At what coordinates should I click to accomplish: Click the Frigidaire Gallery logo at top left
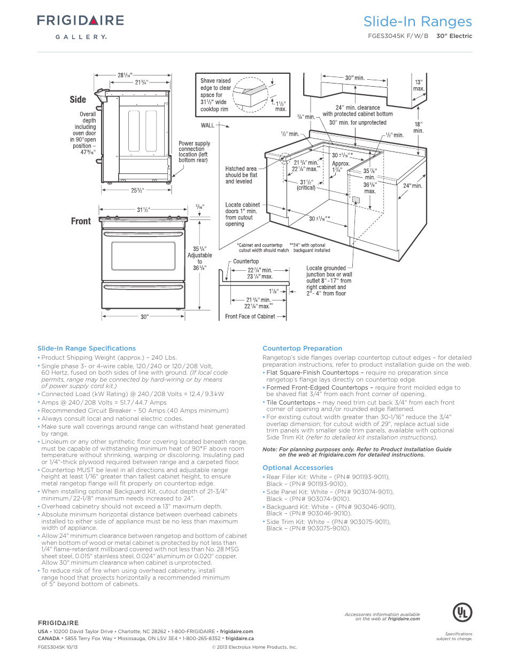pyautogui.click(x=80, y=26)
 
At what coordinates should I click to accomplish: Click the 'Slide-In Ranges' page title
pyautogui.click(x=418, y=22)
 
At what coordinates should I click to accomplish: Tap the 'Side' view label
pyautogui.click(x=78, y=100)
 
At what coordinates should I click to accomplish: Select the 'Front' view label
pyautogui.click(x=81, y=221)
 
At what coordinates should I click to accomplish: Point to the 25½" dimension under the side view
pyautogui.click(x=137, y=191)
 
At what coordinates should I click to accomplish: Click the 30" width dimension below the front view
pyautogui.click(x=144, y=317)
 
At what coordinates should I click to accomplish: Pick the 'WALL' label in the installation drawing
pyautogui.click(x=207, y=126)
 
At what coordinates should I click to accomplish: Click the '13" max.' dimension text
pyautogui.click(x=419, y=86)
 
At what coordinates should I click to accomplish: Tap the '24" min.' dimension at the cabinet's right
pyautogui.click(x=412, y=186)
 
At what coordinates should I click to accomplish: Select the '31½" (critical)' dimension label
pyautogui.click(x=306, y=185)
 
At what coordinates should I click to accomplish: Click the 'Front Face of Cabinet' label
pyautogui.click(x=250, y=317)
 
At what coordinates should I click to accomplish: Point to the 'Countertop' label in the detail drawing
pyautogui.click(x=246, y=262)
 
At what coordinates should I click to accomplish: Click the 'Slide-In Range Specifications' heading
pyautogui.click(x=87, y=348)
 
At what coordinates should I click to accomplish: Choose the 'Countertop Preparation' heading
pyautogui.click(x=302, y=348)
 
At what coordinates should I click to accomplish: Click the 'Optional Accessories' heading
pyautogui.click(x=298, y=468)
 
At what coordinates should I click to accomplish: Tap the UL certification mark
pyautogui.click(x=462, y=612)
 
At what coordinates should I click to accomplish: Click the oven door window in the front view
pyautogui.click(x=144, y=256)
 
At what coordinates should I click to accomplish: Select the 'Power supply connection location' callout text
pyautogui.click(x=194, y=151)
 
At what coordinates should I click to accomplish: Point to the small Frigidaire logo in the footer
pyautogui.click(x=58, y=623)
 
